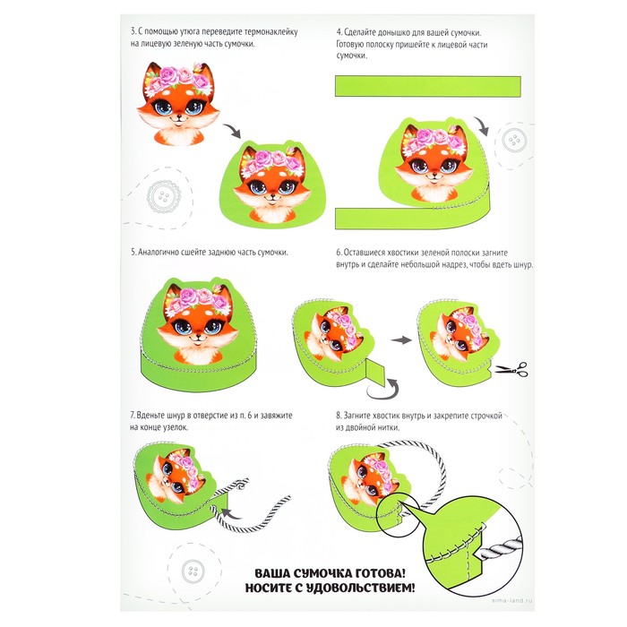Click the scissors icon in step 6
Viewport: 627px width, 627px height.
click(511, 369)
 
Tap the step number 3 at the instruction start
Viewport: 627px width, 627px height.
click(133, 31)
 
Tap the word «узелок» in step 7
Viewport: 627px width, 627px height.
click(175, 427)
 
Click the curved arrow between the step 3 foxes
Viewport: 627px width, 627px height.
click(232, 131)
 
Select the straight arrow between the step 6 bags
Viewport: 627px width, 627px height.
click(400, 340)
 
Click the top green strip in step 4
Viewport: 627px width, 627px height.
click(428, 86)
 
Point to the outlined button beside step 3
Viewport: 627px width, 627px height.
click(164, 197)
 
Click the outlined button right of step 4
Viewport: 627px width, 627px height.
click(513, 140)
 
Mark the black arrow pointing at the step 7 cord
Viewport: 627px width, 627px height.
click(231, 513)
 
